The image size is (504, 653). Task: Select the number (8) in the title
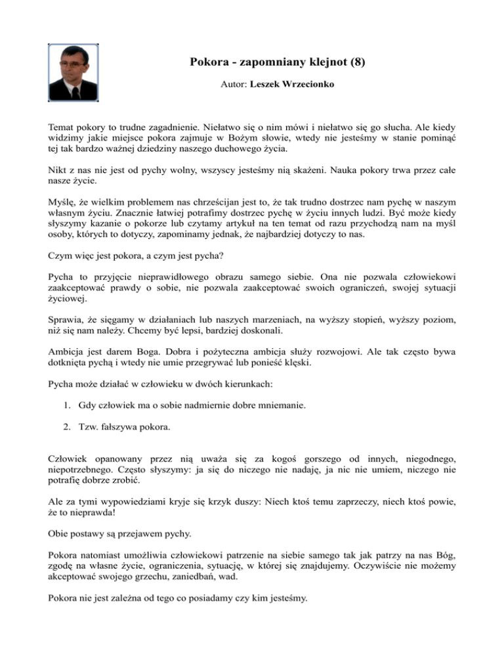[354, 63]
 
